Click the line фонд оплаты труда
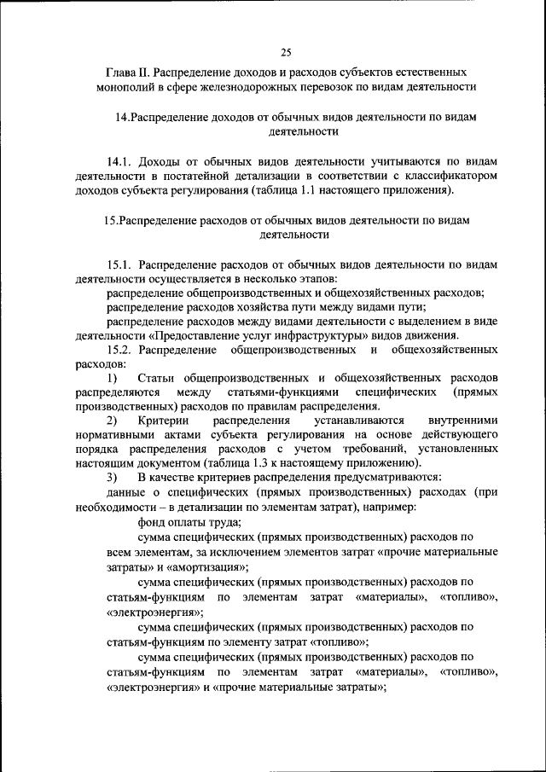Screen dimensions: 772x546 pos(189,523)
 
